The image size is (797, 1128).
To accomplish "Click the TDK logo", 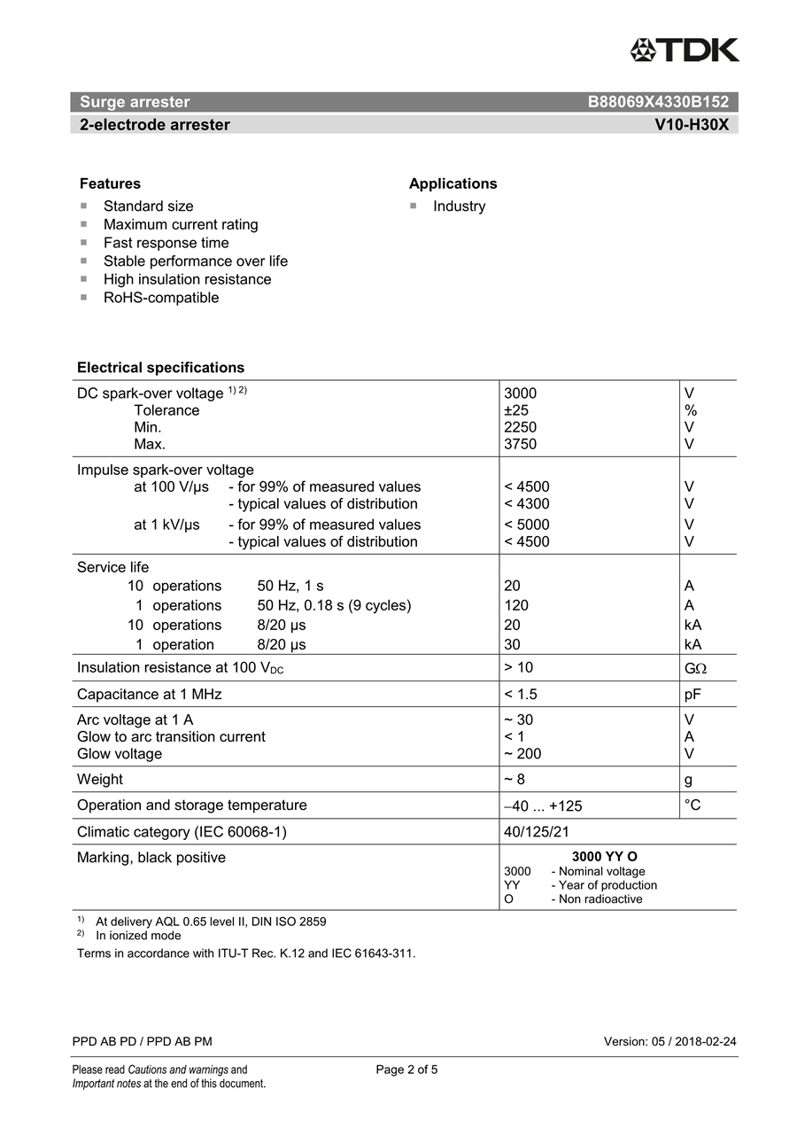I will pos(685,50).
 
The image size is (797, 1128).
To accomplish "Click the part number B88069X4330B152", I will pos(658,102).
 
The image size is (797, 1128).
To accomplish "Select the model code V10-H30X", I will pos(692,125).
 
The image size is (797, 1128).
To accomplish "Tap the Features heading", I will pos(110,183).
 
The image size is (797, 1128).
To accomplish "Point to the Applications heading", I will pos(453,183).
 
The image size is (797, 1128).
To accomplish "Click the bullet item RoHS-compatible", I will pos(160,298).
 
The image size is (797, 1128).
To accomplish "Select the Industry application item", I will pos(459,206).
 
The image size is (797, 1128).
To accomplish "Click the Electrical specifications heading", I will pos(160,368).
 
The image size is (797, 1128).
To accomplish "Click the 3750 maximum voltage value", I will pos(520,444).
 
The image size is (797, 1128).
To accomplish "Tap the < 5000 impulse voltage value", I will pos(526,525).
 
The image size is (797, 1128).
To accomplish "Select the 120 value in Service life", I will pos(515,605).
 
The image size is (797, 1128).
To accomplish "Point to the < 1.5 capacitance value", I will pos(521,695).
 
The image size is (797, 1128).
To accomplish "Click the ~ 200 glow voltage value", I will pos(522,754).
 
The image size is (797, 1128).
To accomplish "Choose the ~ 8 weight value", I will pos(514,780).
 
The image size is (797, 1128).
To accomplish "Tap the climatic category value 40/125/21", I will pos(537,832).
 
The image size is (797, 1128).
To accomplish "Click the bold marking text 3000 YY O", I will pos(604,857).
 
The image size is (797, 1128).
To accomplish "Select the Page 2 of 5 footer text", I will pos(406,1070).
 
